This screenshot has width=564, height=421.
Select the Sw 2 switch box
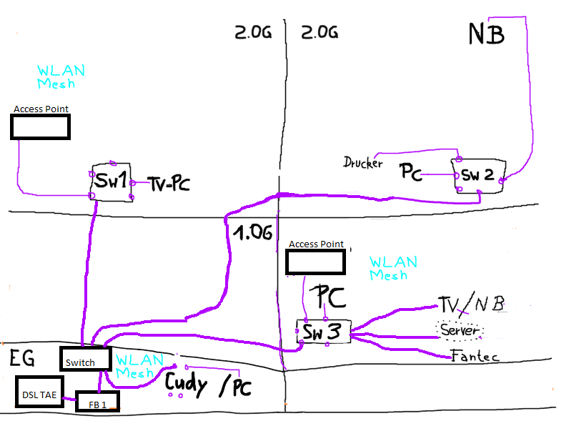tap(479, 175)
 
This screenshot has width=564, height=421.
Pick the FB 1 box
tap(97, 402)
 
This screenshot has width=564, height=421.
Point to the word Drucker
tap(362, 163)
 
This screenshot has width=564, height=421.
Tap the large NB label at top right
tap(487, 33)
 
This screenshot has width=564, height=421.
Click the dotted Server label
tap(460, 331)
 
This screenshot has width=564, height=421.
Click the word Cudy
tap(187, 385)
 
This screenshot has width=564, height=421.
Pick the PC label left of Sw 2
tap(415, 172)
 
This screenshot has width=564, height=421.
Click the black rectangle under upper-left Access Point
tap(40, 127)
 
